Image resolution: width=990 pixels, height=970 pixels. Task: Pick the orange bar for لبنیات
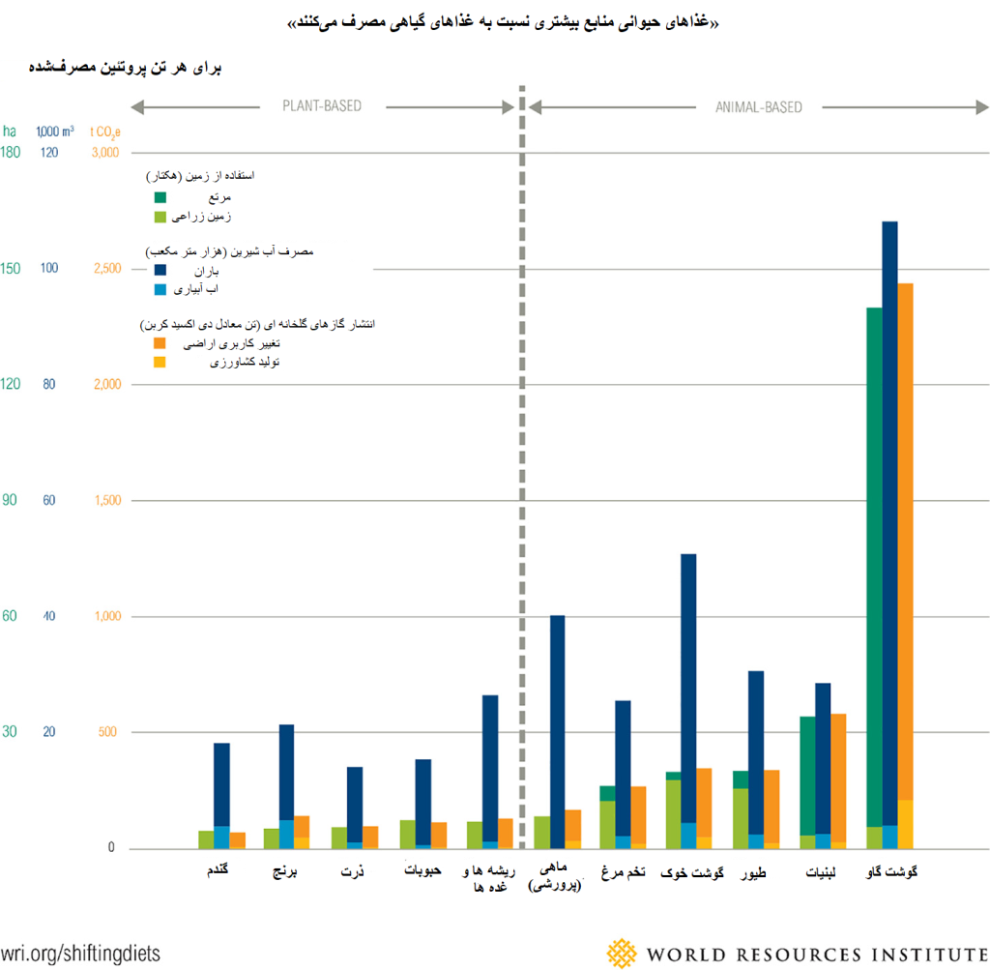(838, 774)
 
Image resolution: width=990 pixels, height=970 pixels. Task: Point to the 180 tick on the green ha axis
(11, 152)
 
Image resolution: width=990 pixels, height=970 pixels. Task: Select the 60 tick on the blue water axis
(49, 500)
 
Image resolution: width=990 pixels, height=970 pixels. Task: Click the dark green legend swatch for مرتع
(160, 197)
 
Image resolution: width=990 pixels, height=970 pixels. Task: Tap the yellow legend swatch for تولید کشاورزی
(160, 362)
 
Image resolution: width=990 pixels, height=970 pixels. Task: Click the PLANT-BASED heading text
(322, 106)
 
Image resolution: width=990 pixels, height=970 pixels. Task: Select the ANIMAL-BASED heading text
(758, 107)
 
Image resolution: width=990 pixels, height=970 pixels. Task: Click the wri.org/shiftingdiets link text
(80, 953)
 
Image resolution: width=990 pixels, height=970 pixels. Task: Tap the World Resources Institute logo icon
(623, 953)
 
